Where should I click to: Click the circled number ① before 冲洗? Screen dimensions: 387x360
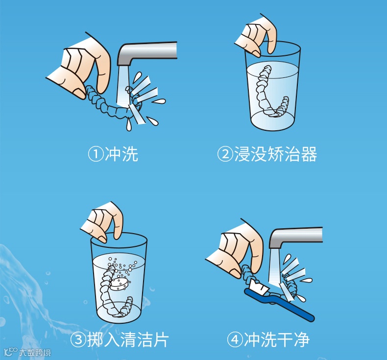pos(96,154)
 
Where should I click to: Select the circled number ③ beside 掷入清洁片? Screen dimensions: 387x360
pos(78,339)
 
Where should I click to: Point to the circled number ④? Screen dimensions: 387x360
pos(235,339)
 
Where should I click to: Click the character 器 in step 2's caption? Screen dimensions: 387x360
pos(309,154)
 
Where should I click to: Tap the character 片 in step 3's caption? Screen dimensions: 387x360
pos(161,339)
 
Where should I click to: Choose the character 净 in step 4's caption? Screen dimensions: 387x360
pos(301,339)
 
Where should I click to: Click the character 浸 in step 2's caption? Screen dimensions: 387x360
pos(242,154)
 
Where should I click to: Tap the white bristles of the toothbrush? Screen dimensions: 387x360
pos(258,287)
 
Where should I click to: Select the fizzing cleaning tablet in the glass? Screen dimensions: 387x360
pos(119,284)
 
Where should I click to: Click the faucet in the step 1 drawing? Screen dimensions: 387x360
pos(147,53)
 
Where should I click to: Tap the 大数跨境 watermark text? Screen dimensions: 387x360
pos(35,353)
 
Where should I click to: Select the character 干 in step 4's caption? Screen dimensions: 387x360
pos(285,339)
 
